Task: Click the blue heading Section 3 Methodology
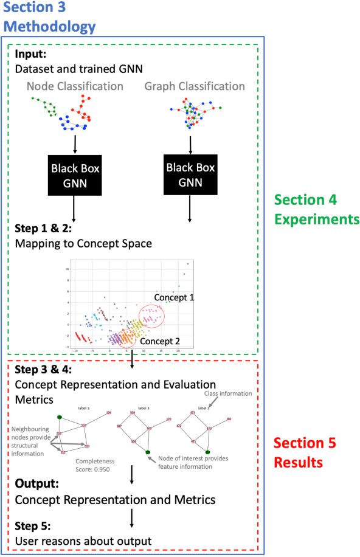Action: (49, 18)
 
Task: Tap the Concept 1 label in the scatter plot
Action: (173, 297)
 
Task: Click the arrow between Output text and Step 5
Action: (131, 516)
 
